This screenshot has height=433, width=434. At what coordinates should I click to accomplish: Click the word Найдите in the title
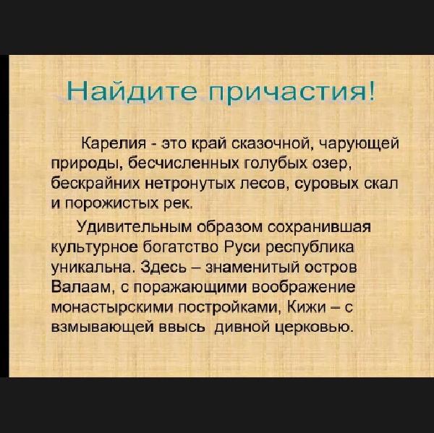tap(132, 92)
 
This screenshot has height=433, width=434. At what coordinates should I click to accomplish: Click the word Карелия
tap(114, 144)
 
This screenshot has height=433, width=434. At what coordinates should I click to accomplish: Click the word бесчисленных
tap(182, 163)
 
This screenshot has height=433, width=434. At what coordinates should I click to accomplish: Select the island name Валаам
tap(83, 287)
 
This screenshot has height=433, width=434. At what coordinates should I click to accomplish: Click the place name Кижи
tap(307, 307)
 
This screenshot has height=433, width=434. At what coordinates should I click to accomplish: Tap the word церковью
tap(314, 327)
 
